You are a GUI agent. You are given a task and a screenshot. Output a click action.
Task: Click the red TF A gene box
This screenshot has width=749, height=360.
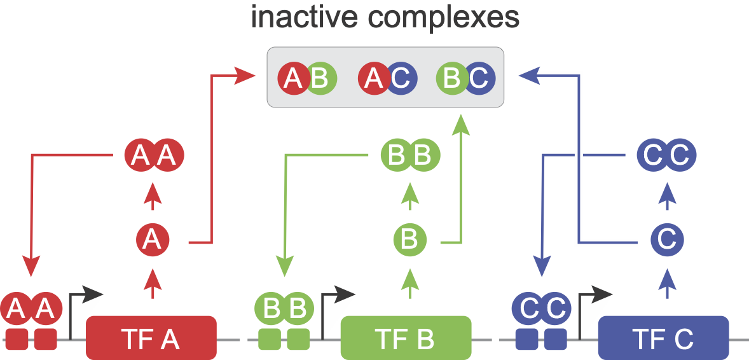(x=151, y=338)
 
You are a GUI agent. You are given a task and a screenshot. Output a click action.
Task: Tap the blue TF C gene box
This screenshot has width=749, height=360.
(x=663, y=338)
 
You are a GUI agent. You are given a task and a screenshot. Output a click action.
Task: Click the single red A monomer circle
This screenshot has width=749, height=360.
(x=151, y=240)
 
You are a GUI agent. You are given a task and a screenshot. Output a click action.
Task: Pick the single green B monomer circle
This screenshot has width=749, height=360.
(x=409, y=240)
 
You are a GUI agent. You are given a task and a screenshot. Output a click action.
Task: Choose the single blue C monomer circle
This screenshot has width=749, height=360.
(x=667, y=240)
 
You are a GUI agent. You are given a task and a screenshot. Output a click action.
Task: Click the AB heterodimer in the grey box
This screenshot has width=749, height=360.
(x=307, y=79)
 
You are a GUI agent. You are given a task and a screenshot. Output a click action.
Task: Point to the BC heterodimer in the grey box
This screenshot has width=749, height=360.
(x=465, y=79)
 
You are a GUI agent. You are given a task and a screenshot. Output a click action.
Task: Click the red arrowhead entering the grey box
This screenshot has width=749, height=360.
(x=245, y=76)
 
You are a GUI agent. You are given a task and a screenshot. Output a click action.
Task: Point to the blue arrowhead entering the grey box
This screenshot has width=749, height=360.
(x=529, y=76)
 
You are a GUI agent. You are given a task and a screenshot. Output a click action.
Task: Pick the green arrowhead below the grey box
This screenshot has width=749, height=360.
(x=462, y=124)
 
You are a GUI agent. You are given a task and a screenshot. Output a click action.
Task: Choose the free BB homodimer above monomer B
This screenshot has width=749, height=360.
(x=410, y=155)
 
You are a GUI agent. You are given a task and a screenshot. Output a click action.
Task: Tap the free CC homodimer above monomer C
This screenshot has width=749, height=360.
(x=667, y=155)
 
